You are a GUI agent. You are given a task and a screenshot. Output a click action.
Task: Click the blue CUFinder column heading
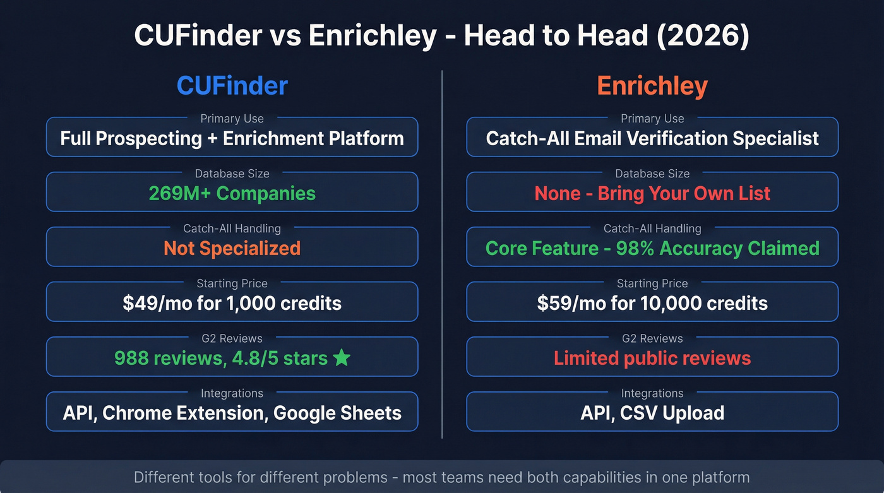232,86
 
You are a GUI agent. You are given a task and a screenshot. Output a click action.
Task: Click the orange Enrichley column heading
652,86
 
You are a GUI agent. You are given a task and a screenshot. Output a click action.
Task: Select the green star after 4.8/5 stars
342,358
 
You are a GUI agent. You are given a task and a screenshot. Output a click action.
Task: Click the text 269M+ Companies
232,193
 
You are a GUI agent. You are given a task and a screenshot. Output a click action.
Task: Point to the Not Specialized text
232,248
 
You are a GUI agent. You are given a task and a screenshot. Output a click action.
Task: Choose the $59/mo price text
566,303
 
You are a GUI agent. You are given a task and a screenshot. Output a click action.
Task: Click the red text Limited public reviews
652,358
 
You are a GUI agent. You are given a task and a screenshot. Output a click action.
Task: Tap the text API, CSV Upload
652,413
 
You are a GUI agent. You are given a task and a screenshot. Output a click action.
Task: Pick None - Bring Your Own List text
652,193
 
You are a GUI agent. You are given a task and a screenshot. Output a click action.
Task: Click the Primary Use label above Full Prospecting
232,119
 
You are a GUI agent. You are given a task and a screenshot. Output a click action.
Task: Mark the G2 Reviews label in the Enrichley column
652,338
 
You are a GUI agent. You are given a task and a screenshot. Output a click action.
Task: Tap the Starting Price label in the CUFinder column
232,283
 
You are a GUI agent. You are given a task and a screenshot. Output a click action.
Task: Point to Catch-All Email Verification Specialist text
652,138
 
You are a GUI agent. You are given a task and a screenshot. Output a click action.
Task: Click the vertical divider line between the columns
442,252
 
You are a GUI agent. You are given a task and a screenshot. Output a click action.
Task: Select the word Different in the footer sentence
164,477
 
